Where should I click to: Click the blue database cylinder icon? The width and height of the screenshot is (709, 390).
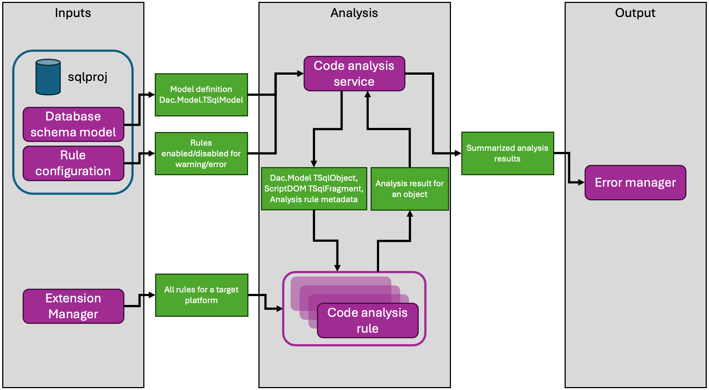click(x=48, y=77)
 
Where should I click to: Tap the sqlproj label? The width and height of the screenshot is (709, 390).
click(x=87, y=77)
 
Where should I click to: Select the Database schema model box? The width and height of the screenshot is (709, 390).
click(x=73, y=124)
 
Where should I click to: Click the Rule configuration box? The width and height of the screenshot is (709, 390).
click(x=73, y=163)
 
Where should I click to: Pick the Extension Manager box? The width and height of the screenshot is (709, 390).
click(x=73, y=306)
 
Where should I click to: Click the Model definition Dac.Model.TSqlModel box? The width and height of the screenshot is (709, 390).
click(x=201, y=95)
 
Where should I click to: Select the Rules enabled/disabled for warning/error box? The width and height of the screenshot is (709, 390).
click(x=201, y=153)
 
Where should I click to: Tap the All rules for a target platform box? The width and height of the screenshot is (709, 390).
click(x=201, y=295)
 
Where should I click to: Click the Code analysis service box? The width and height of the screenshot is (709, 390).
click(x=354, y=74)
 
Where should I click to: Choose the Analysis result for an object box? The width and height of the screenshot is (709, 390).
click(x=409, y=189)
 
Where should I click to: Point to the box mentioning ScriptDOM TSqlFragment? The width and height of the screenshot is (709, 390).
click(x=314, y=189)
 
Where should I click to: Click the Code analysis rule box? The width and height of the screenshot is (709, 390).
click(x=367, y=320)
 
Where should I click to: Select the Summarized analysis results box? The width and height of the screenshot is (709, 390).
click(x=507, y=153)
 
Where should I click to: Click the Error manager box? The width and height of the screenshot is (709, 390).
click(x=635, y=183)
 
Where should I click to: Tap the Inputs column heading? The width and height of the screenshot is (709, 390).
click(x=73, y=13)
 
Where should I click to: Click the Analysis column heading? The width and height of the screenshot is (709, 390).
click(x=354, y=13)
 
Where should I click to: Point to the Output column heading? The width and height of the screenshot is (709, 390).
click(x=635, y=13)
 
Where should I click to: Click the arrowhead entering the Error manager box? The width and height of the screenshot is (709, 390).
click(x=581, y=182)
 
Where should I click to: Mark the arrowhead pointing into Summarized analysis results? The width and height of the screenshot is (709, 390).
click(x=458, y=153)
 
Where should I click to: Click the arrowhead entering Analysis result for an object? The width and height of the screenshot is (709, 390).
click(x=410, y=214)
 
